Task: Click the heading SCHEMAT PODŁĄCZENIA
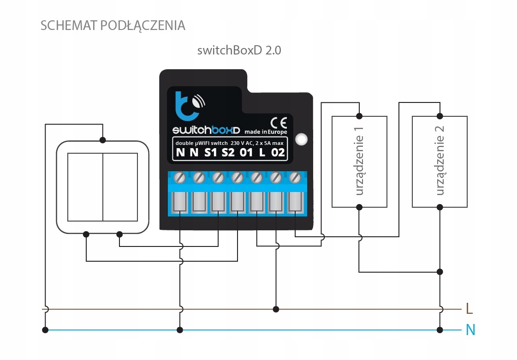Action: [113, 25]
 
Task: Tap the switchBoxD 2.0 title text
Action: [239, 50]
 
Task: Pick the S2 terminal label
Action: [228, 152]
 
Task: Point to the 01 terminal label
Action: [246, 152]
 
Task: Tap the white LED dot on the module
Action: [302, 138]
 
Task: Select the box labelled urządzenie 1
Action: [359, 162]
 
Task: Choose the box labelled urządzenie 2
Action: [440, 162]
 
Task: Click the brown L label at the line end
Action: [469, 308]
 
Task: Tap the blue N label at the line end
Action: [470, 330]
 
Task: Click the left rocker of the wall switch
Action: [85, 187]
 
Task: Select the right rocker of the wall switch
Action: [120, 187]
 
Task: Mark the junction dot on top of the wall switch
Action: [102, 139]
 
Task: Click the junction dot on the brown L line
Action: [275, 309]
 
